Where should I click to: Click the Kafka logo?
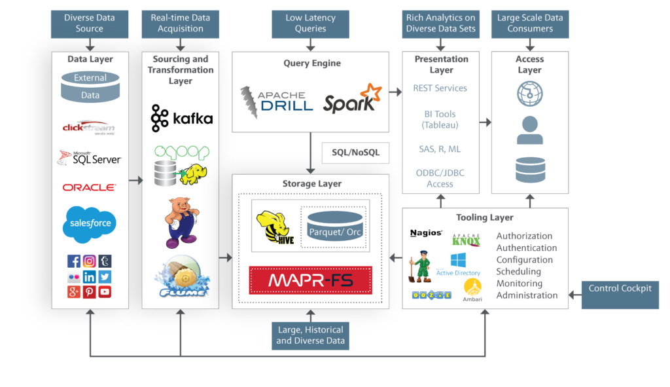coord(181,118)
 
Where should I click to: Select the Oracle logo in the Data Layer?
coord(89,187)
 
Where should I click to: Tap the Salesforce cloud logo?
coord(90,223)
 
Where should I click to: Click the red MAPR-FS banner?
coord(310,280)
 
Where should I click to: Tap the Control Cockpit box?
coord(620,289)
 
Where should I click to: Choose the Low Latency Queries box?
coord(310,24)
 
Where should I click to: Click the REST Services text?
coord(440,88)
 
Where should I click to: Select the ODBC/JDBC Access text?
coord(440,178)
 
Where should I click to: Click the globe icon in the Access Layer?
coord(529,94)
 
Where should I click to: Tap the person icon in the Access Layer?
coord(529,131)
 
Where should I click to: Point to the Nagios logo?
coord(426,233)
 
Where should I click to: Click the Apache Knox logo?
coord(466,240)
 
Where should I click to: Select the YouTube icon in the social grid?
coord(105,292)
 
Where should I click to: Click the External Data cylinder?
coord(90,86)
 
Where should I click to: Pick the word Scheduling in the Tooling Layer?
coord(518,272)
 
